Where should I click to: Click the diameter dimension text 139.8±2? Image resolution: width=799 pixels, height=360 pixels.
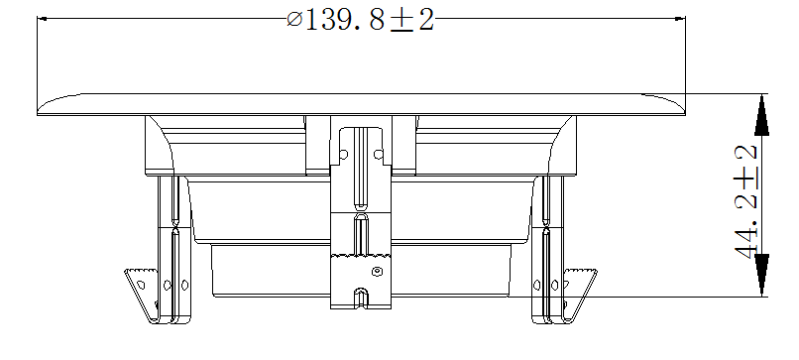[361, 21]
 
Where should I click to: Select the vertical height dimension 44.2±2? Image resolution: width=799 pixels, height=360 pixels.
[746, 201]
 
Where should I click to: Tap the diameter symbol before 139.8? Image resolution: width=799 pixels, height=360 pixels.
[294, 21]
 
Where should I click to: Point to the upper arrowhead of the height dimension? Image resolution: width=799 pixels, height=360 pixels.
[761, 115]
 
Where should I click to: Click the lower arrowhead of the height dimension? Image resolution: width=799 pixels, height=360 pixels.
[761, 276]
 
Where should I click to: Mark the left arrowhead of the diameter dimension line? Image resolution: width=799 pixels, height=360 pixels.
[43, 19]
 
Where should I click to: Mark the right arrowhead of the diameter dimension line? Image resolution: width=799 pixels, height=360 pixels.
[680, 19]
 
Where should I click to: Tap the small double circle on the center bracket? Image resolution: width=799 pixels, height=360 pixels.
[377, 272]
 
